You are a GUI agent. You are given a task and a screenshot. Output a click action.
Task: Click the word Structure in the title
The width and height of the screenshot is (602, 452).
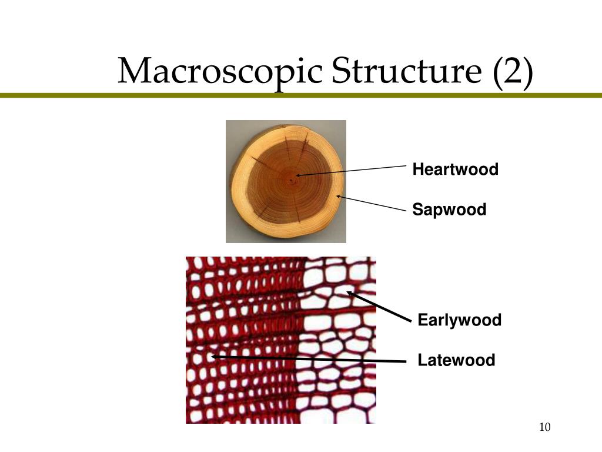pyautogui.click(x=404, y=72)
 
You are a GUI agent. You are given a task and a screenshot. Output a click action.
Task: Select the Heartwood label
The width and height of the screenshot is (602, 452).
pyautogui.click(x=455, y=170)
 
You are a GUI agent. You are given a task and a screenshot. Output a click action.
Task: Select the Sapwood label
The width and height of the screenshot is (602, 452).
pyautogui.click(x=449, y=210)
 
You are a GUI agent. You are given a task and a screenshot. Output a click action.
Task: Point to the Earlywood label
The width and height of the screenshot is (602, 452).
pyautogui.click(x=459, y=321)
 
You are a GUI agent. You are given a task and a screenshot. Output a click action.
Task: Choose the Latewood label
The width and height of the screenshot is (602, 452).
pyautogui.click(x=456, y=360)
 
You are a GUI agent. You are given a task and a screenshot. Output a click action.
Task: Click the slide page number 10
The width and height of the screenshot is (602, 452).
pyautogui.click(x=544, y=427)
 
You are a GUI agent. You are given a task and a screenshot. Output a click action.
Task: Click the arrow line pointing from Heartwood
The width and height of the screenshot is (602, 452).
pyautogui.click(x=353, y=171)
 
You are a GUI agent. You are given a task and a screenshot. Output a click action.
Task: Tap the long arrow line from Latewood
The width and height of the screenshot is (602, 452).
pyautogui.click(x=309, y=358)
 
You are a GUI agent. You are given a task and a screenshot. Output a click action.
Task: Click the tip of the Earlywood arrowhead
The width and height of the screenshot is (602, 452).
pyautogui.click(x=347, y=291)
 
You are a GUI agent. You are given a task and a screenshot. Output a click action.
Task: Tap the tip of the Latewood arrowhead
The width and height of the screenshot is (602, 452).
pyautogui.click(x=212, y=356)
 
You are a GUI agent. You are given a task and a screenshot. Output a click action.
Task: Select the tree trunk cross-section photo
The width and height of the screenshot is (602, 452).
pyautogui.click(x=286, y=181)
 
